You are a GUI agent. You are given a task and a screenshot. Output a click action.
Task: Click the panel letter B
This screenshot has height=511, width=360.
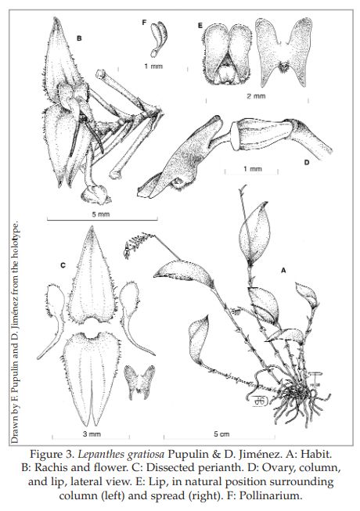click(x=79, y=38)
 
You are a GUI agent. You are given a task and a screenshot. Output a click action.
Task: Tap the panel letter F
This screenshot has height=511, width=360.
click(x=144, y=22)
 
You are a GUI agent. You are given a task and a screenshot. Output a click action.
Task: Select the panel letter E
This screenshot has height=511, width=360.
click(x=200, y=25)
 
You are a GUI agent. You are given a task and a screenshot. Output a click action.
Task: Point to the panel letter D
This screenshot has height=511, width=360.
click(x=306, y=162)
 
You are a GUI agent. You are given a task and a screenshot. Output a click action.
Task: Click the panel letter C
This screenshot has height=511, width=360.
click(x=63, y=265)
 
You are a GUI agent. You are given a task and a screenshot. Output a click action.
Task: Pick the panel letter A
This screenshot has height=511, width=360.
click(x=283, y=270)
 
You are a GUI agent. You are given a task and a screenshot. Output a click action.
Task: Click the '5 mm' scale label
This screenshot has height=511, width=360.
click(x=101, y=214)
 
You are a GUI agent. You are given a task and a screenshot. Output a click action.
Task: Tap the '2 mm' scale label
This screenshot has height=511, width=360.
click(x=256, y=95)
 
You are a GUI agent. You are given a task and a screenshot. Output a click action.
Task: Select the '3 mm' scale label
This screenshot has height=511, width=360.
click(x=92, y=434)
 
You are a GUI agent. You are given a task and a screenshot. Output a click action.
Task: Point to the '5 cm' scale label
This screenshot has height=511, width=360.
click(x=221, y=434)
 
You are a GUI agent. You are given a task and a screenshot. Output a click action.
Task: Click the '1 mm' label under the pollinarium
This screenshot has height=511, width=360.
click(x=153, y=67)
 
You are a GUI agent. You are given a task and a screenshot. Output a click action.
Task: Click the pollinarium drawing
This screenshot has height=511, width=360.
click(x=159, y=39)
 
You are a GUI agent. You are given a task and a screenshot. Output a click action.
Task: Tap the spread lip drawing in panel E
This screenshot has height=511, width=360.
click(x=283, y=52)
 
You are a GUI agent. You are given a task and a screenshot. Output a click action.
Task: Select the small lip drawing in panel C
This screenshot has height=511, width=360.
click(x=140, y=382)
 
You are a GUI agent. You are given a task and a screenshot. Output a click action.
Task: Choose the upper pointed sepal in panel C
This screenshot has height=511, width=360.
click(x=92, y=275)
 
